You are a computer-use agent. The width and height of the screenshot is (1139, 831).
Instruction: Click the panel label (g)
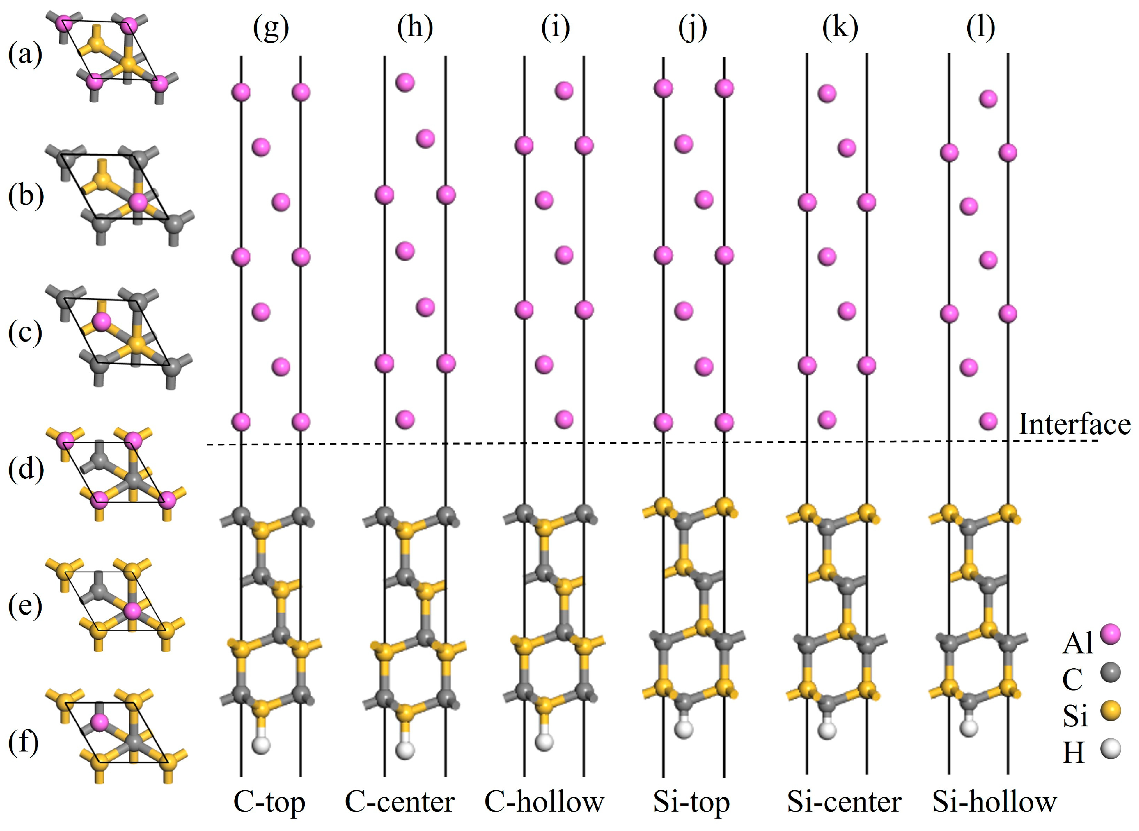click(271, 28)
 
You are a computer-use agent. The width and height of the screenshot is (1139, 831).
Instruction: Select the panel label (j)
click(692, 28)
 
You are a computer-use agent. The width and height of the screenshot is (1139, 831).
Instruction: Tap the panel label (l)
click(980, 28)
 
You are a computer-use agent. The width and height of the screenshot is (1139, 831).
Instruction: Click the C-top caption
click(269, 802)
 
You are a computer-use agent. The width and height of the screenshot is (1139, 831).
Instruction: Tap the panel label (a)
click(25, 54)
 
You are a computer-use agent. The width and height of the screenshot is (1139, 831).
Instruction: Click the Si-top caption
click(692, 802)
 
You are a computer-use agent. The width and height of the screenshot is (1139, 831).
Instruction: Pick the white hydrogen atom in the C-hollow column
click(544, 742)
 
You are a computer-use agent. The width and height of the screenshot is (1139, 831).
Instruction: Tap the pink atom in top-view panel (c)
click(101, 322)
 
